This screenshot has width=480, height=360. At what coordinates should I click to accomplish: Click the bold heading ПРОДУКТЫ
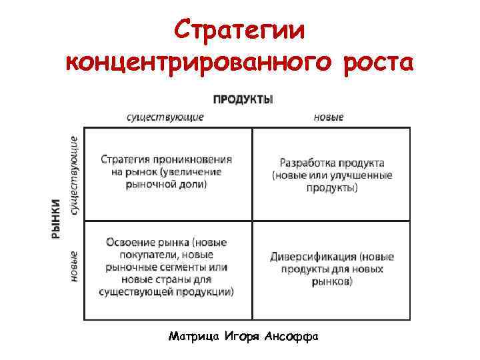243,100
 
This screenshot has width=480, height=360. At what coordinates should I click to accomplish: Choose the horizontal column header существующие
165,117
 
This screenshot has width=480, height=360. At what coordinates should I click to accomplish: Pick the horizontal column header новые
329,117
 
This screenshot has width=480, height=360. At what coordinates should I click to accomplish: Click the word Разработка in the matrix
307,163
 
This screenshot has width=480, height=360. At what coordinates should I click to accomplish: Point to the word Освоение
129,243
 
